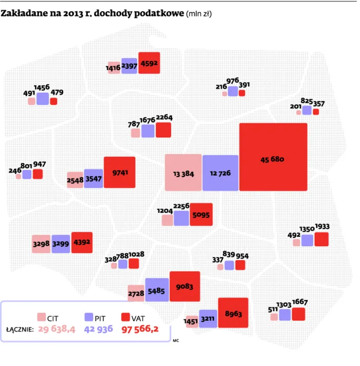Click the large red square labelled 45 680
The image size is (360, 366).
click(273, 157)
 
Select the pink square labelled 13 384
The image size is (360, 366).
click(183, 173)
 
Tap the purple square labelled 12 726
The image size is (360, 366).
click(220, 173)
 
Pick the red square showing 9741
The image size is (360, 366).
click(119, 172)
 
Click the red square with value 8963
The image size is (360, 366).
click(233, 313)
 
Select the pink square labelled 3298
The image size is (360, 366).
click(41, 244)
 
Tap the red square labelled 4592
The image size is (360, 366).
click(149, 63)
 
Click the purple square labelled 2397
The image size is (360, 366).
click(129, 66)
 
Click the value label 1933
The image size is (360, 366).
click(322, 227)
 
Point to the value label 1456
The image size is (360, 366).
click(42, 87)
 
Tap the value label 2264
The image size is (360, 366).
click(164, 117)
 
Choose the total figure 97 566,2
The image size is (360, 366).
click(141, 330)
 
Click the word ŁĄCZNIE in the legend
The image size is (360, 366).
click(20, 330)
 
